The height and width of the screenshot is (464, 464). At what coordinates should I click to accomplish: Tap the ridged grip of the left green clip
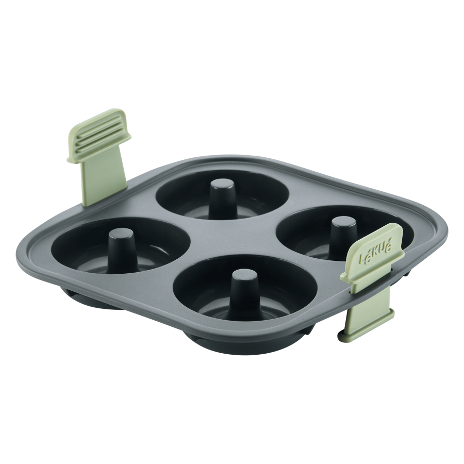(99, 136)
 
